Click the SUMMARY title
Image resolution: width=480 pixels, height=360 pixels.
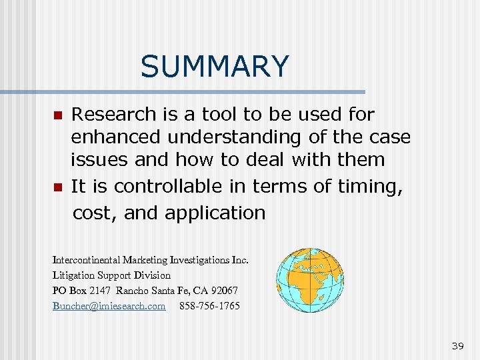coord(215,67)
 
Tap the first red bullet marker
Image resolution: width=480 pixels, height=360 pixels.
coord(58,115)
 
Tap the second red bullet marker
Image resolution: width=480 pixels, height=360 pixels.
coord(58,188)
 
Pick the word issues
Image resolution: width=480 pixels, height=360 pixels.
coord(99,160)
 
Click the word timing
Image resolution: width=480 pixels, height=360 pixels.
coord(373,187)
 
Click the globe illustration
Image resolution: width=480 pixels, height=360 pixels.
coord(310,280)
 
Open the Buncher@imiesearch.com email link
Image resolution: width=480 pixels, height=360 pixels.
coord(109,306)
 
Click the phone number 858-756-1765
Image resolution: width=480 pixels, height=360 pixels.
coord(209,306)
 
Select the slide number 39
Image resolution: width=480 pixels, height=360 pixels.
coord(457,345)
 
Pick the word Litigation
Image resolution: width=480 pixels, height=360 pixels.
coord(73,275)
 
